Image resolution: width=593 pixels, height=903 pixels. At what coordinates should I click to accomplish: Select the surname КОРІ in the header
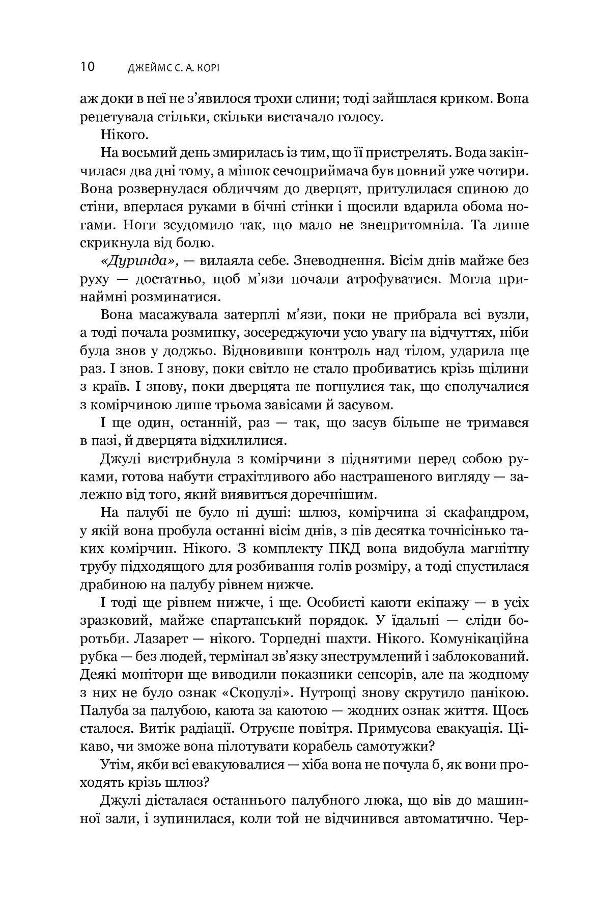pyautogui.click(x=208, y=68)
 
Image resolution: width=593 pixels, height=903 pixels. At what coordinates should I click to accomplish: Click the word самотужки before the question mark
pyautogui.click(x=395, y=746)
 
